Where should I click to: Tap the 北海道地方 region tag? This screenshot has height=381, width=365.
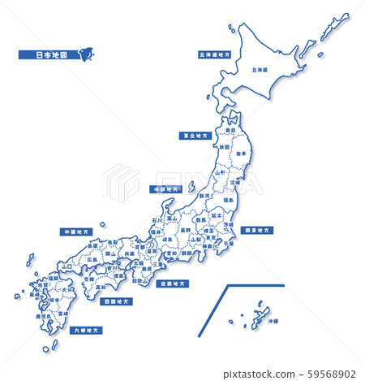pos(214,56)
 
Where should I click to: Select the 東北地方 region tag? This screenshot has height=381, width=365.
pos(195,136)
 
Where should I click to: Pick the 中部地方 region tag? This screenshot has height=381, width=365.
pos(168,188)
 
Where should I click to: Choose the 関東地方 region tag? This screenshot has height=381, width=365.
pos(257,230)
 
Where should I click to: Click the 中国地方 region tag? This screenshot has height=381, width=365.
pos(75,231)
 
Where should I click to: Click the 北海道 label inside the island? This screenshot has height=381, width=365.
pos(261,70)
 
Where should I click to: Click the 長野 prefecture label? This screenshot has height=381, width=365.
pos(186,230)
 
